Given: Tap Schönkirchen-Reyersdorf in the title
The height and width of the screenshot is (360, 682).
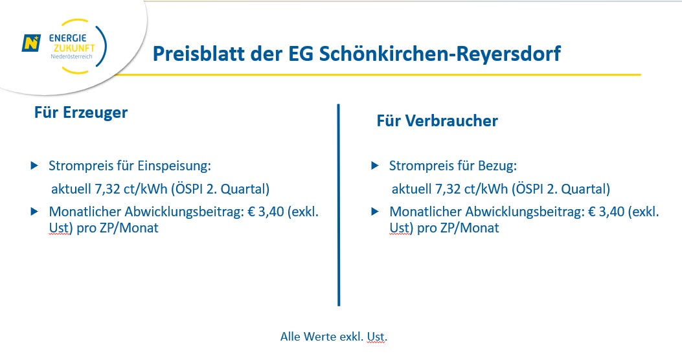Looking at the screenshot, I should point(440,54).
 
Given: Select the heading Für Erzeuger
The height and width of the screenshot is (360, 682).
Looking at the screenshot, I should point(81,113).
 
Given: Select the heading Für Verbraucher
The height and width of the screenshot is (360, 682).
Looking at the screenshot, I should point(437,121).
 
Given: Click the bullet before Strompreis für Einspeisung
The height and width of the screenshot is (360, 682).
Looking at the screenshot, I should point(34,166).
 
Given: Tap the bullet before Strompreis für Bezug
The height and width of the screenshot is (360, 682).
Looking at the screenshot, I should point(375,166).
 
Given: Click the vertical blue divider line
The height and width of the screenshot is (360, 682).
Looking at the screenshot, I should point(339,204).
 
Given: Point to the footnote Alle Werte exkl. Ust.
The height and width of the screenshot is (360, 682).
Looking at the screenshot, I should point(334,337).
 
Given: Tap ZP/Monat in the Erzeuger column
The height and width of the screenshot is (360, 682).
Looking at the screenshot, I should point(130,229).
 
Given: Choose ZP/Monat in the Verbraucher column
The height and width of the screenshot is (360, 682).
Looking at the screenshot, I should point(471,229).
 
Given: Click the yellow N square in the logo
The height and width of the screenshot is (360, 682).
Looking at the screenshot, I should point(30,43).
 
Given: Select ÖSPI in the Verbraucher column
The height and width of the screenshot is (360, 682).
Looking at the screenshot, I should point(530,190).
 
